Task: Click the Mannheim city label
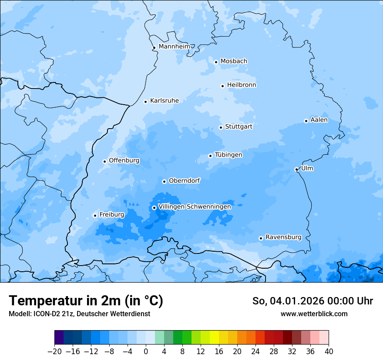tap(174, 46)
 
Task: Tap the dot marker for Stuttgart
tap(221, 127)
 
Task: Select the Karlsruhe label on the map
tap(164, 101)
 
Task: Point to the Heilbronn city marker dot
tap(222, 86)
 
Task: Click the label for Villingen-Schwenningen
tap(195, 207)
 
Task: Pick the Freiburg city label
tap(111, 215)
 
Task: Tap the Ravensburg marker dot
tap(261, 238)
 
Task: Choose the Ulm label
tap(307, 168)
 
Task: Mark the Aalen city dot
tap(306, 121)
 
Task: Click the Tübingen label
tap(228, 155)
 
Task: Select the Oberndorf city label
tap(184, 181)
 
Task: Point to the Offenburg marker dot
tap(104, 161)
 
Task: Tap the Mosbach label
tap(233, 61)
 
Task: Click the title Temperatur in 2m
tap(86, 301)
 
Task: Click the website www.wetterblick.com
tap(314, 314)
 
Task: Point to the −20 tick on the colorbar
tap(54, 351)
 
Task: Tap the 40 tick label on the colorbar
tap(329, 351)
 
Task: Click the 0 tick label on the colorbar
tap(146, 351)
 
